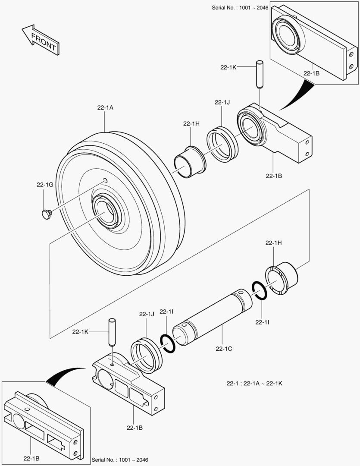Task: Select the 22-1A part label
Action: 105,108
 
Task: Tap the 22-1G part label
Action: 44,185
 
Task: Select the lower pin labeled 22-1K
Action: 112,331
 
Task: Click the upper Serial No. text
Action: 240,8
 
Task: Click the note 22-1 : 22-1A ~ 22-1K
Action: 254,383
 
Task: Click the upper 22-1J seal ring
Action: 222,144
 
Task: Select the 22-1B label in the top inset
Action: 311,73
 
